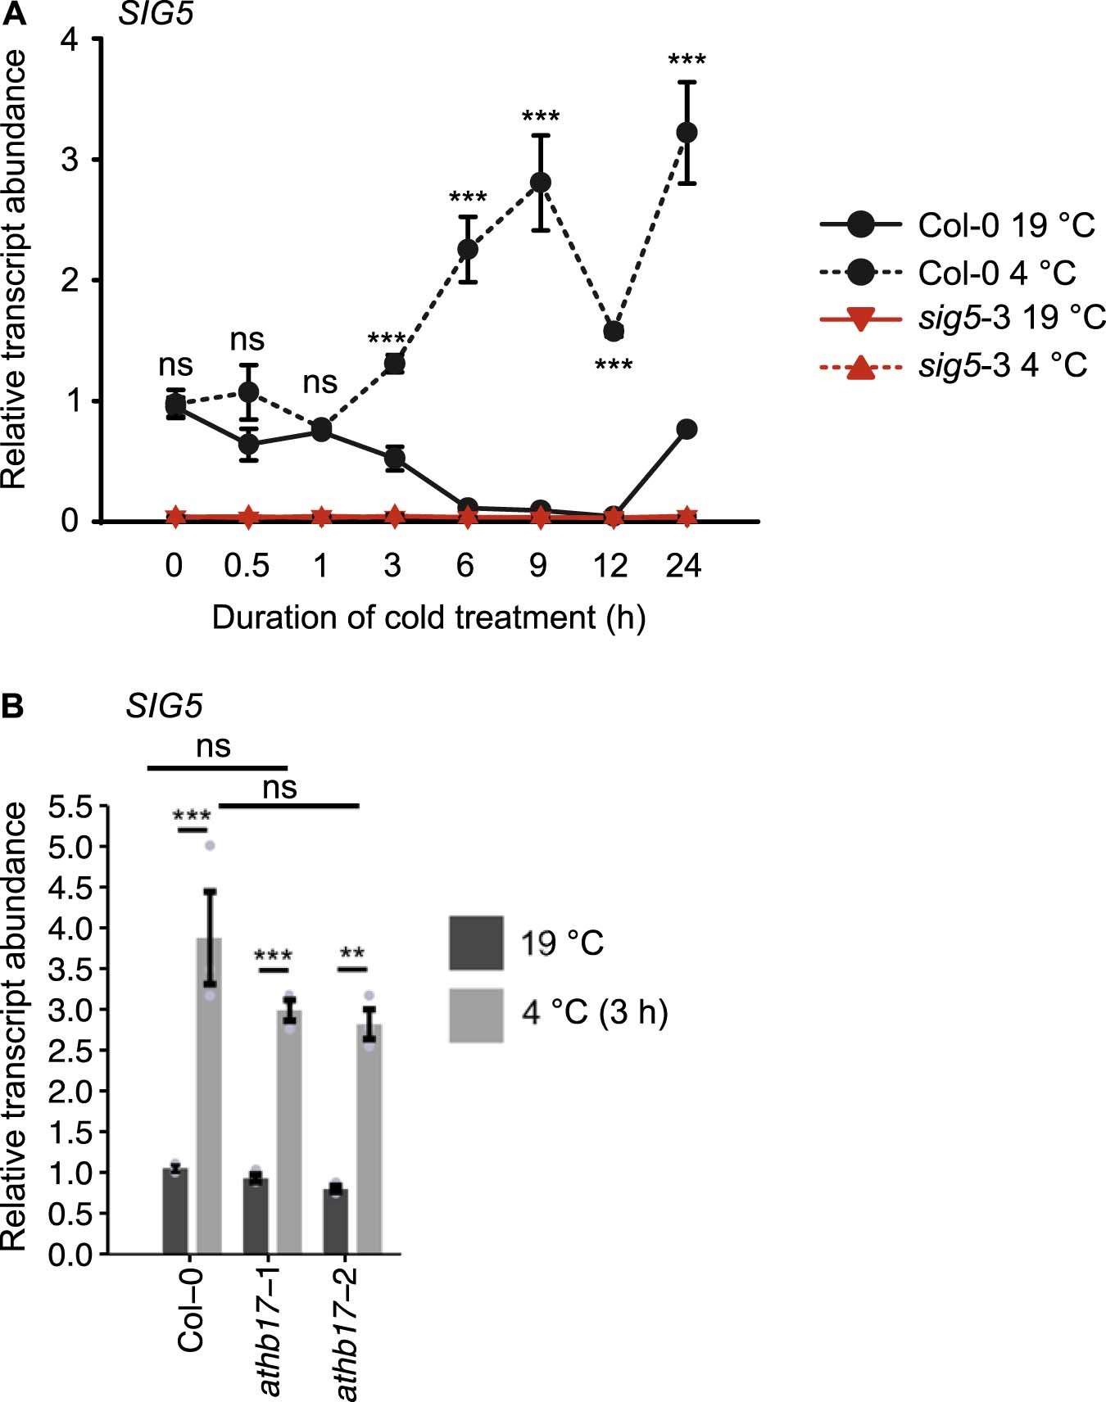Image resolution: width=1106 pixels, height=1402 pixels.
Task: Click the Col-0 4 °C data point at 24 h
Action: click(687, 132)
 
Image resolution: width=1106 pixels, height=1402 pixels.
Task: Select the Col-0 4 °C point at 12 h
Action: click(613, 331)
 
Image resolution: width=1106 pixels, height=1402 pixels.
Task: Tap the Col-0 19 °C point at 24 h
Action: click(687, 429)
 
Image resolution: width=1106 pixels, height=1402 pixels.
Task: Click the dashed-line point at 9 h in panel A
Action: click(540, 182)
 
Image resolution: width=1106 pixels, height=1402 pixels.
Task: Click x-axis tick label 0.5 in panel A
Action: click(247, 566)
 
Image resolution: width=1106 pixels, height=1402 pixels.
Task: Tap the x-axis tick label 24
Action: click(683, 566)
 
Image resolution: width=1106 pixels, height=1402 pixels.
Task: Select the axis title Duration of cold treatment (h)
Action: click(428, 617)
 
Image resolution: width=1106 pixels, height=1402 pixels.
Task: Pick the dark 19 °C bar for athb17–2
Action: click(335, 1220)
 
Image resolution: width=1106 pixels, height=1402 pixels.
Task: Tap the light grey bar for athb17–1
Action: click(289, 1130)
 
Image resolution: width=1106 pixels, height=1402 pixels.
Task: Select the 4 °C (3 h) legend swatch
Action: click(476, 1015)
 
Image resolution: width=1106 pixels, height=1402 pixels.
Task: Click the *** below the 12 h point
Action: click(613, 366)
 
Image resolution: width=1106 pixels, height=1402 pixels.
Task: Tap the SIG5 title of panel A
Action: click(156, 13)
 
